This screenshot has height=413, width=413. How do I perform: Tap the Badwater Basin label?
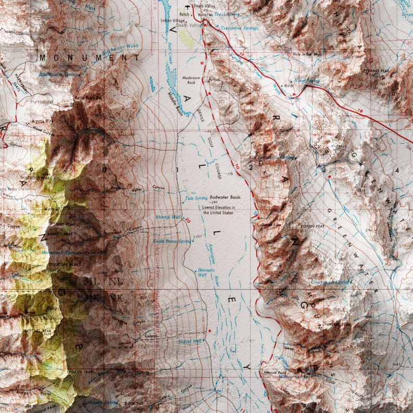[x=225, y=198]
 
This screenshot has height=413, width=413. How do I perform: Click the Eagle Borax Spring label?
[x=172, y=241]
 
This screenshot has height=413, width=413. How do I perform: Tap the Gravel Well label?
[x=190, y=341]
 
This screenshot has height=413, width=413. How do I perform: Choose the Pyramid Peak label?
[x=376, y=70]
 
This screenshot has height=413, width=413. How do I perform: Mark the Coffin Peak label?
[x=312, y=226]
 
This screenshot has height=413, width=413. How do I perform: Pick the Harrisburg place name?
[x=42, y=101]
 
